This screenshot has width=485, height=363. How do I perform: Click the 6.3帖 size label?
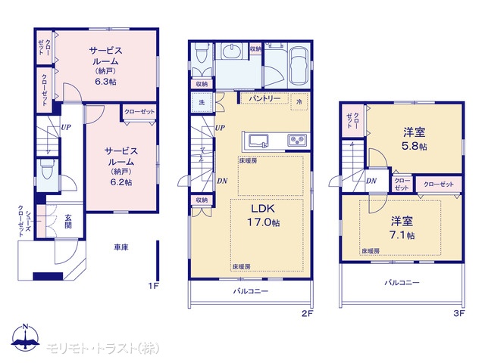pos(106,82)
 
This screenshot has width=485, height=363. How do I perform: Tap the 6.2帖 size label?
pos(121,182)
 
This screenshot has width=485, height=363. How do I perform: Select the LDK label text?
pos(263,209)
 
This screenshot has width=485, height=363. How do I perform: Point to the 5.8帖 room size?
pos(415,146)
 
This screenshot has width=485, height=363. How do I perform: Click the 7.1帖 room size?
pos(402,235)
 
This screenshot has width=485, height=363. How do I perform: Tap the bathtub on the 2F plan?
pos(299,66)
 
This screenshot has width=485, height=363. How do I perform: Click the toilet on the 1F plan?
pos(47,170)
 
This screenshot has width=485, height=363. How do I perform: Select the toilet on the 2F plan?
pos(202,53)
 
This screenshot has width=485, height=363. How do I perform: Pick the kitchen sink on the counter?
pos(258,141)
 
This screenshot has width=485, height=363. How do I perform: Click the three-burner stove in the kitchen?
pos(298,141)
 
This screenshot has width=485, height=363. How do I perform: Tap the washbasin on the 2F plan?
pos(233,51)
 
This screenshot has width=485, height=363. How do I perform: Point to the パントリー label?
pos(264,98)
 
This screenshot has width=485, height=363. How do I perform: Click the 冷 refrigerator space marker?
pos(299,101)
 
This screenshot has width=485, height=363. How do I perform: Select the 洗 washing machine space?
pos(202,102)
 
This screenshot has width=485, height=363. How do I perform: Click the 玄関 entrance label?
pos(68,222)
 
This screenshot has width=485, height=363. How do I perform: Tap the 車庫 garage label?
pos(121,247)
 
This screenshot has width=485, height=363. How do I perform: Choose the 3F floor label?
pos(459,313)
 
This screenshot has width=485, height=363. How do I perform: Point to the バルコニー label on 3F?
pos(402,282)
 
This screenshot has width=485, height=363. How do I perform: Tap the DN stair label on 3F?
pos(371,181)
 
